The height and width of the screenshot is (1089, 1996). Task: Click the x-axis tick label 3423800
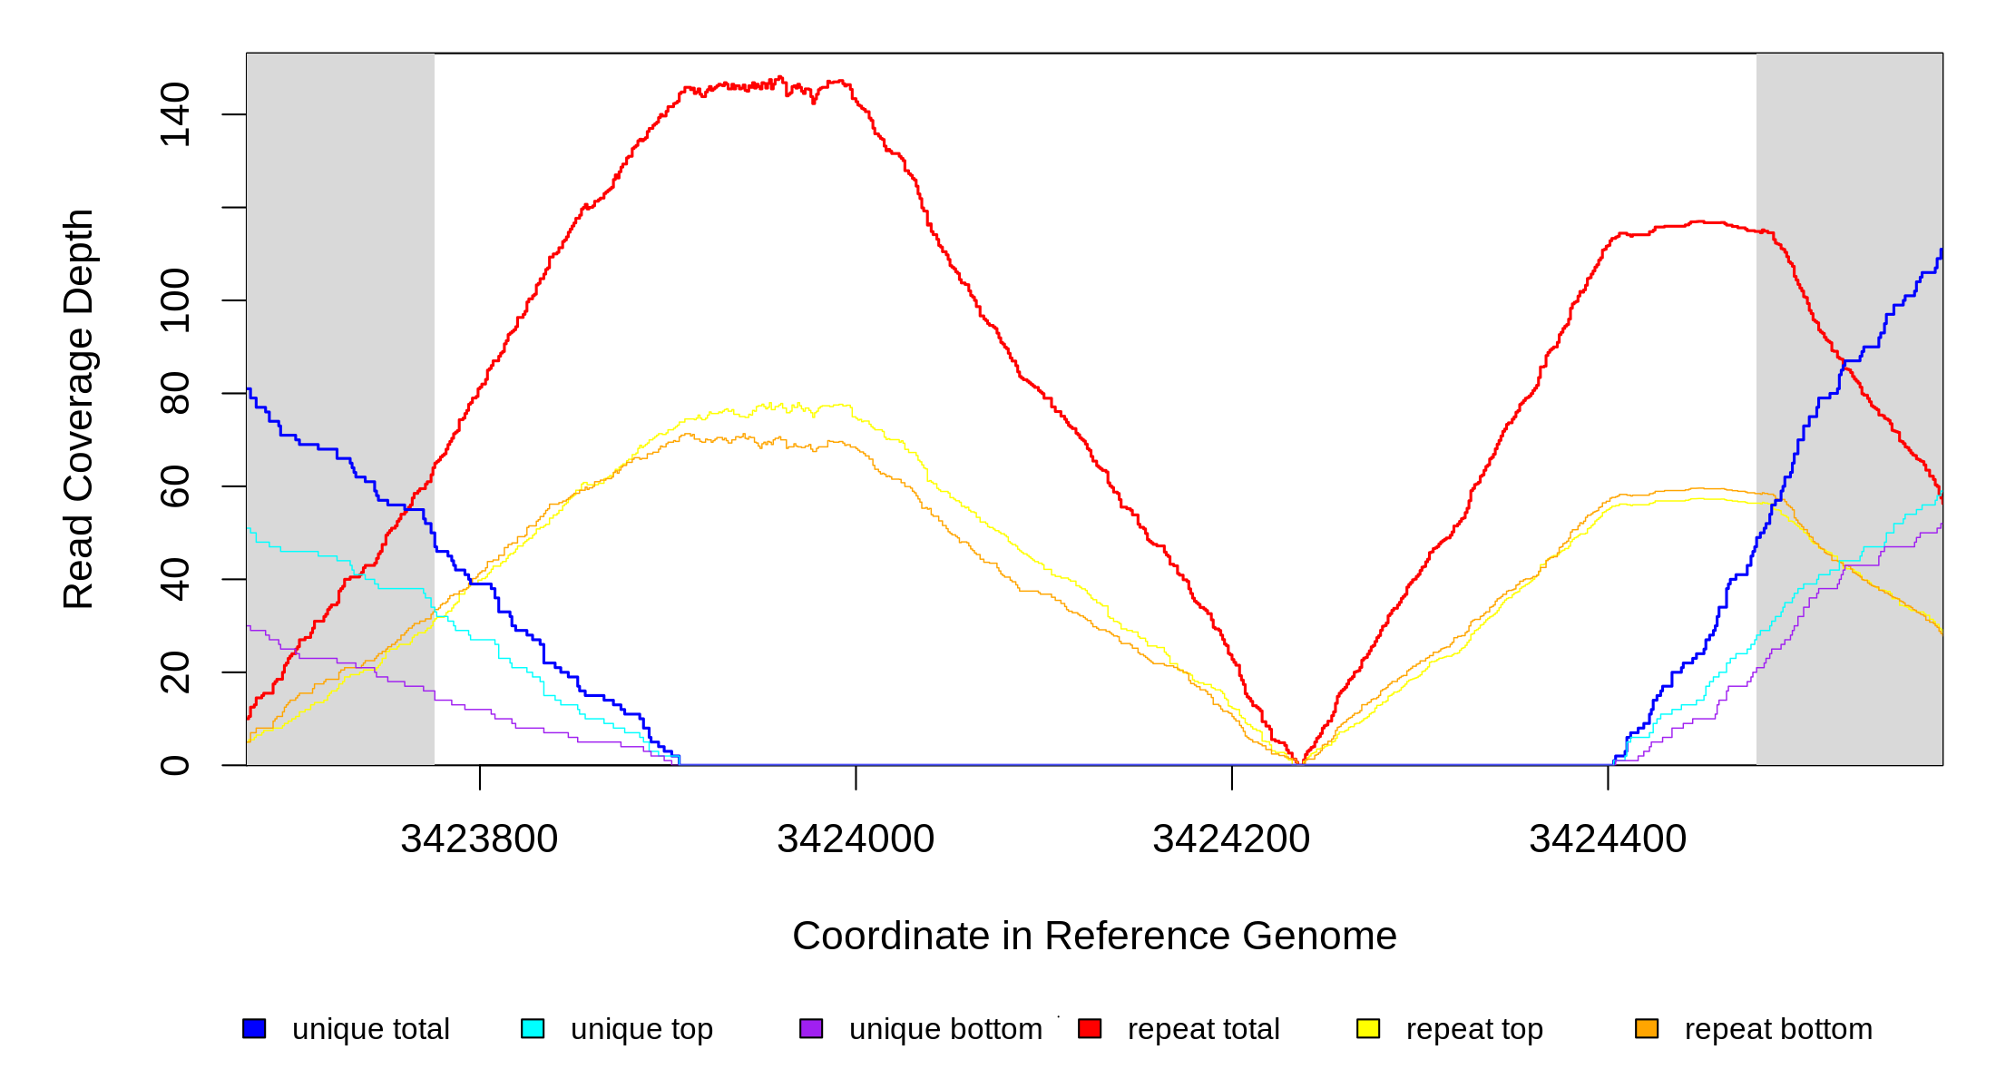click(x=479, y=839)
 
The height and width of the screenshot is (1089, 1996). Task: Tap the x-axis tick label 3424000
click(x=856, y=839)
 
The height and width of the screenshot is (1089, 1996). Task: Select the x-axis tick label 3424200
click(x=1231, y=839)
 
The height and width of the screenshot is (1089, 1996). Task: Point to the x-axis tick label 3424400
click(x=1608, y=839)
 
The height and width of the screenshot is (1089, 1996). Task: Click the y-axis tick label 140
click(x=175, y=114)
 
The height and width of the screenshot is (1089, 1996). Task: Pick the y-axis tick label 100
click(x=175, y=300)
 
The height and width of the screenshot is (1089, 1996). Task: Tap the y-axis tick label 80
click(x=175, y=393)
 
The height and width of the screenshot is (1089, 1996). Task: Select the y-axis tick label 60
click(x=175, y=486)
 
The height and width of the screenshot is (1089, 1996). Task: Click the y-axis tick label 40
click(x=175, y=579)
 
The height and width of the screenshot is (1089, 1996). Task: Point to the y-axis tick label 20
click(x=175, y=672)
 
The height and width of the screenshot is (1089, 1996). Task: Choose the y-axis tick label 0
click(x=175, y=765)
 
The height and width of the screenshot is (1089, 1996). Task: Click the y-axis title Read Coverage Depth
click(x=78, y=408)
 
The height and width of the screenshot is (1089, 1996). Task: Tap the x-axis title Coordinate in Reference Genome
click(x=1094, y=936)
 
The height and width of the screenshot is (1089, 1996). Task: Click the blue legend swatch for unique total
click(x=254, y=1028)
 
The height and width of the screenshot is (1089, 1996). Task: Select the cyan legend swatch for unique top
click(x=533, y=1028)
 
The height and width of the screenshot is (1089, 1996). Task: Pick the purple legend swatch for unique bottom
click(x=811, y=1028)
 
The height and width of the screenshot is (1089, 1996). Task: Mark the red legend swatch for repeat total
click(x=1090, y=1028)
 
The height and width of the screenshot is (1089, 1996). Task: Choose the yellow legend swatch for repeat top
click(x=1368, y=1028)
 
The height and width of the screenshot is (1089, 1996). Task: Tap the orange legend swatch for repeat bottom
click(x=1647, y=1028)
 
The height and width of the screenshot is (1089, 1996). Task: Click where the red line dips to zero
click(x=1300, y=762)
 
